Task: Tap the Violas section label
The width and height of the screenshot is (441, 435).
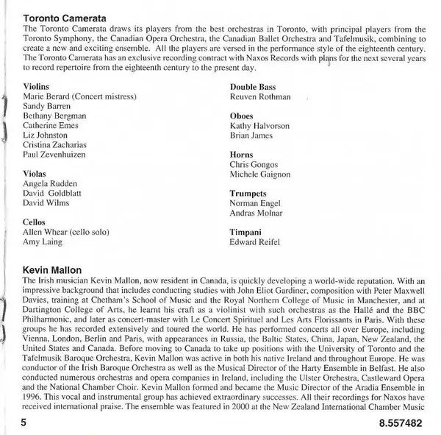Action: click(35, 173)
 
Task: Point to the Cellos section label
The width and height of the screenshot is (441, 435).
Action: click(35, 221)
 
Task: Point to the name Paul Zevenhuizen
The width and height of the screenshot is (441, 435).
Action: click(54, 154)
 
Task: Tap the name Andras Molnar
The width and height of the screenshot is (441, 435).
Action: click(256, 212)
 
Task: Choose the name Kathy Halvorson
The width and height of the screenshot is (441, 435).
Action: click(259, 126)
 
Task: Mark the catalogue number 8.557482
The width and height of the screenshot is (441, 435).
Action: click(403, 425)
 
